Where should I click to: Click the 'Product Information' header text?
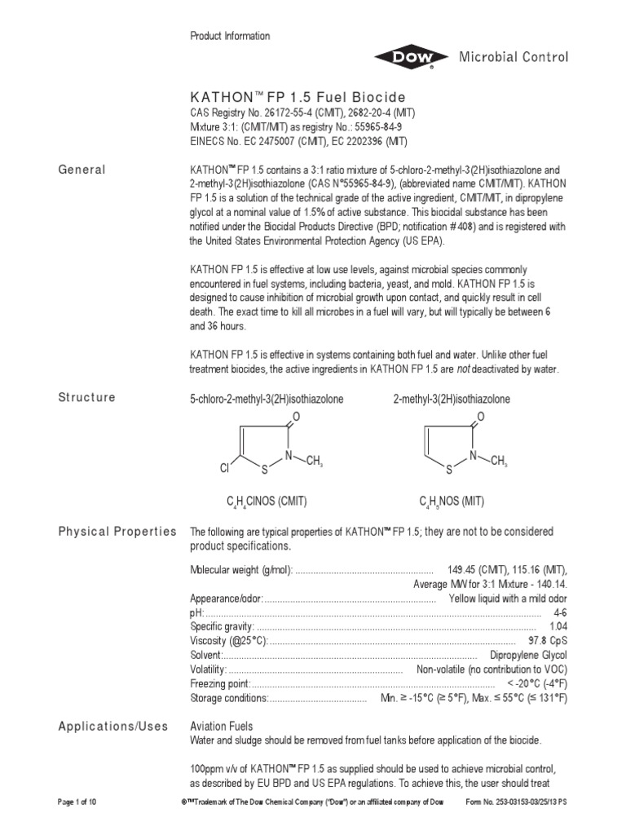230,36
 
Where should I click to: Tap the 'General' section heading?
82,170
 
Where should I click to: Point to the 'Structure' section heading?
86,398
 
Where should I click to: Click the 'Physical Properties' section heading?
117,532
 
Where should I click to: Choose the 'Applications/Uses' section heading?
112,727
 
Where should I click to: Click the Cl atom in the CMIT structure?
226,470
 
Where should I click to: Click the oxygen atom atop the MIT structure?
481,417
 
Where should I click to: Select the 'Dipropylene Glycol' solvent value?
528,656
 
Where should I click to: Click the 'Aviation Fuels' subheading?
222,727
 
